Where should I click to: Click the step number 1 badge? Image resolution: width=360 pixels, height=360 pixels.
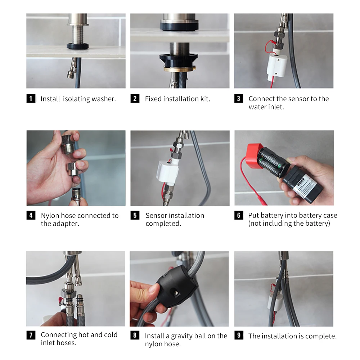point(31,99)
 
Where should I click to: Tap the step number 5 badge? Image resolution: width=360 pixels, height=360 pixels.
point(135,215)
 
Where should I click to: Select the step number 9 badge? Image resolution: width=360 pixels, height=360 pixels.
point(239,336)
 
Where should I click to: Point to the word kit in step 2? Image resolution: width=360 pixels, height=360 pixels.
point(205,99)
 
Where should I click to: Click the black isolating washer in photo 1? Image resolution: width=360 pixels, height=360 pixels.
point(78,46)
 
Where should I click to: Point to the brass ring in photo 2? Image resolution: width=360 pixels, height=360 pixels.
point(180,68)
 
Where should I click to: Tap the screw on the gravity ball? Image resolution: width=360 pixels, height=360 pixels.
point(176,293)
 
